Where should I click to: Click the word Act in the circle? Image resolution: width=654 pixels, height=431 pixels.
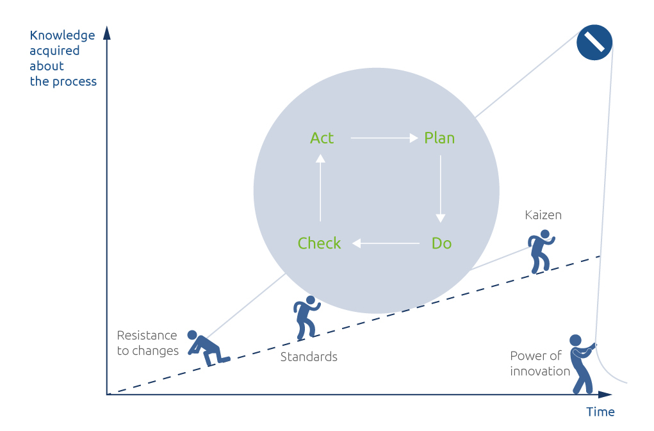tap(322, 138)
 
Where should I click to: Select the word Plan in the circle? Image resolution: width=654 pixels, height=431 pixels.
tap(439, 138)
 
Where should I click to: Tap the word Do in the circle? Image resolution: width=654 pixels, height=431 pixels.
tap(442, 243)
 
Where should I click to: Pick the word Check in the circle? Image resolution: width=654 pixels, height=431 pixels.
tap(319, 243)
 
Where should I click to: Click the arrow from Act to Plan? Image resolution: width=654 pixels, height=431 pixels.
tap(384, 138)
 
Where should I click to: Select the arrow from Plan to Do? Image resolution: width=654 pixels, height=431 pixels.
tap(441, 189)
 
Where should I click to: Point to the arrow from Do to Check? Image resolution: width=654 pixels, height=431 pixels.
tap(386, 243)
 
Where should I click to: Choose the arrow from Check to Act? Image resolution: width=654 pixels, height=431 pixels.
tap(320, 188)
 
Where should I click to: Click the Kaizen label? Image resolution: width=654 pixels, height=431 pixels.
tap(543, 215)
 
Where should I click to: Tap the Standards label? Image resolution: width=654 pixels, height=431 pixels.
tap(309, 357)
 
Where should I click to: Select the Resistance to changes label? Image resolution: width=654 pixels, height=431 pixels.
tap(148, 343)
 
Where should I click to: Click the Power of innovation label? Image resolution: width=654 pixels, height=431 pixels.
tap(540, 364)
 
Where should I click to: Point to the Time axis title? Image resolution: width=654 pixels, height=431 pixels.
tap(600, 412)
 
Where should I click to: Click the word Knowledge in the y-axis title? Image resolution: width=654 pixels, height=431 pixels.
tap(62, 35)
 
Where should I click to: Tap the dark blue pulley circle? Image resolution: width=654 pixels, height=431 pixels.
tap(594, 42)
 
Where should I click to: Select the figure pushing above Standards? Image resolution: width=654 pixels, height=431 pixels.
tap(306, 318)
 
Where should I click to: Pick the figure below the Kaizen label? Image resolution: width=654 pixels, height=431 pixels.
tap(541, 251)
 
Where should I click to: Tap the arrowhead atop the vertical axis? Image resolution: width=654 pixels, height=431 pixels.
tap(107, 33)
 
